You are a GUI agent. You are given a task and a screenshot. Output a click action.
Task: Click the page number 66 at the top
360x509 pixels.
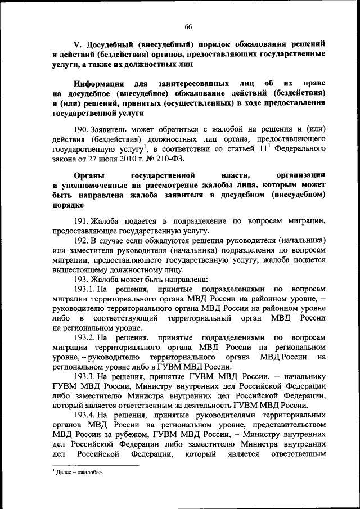(x=188, y=26)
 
